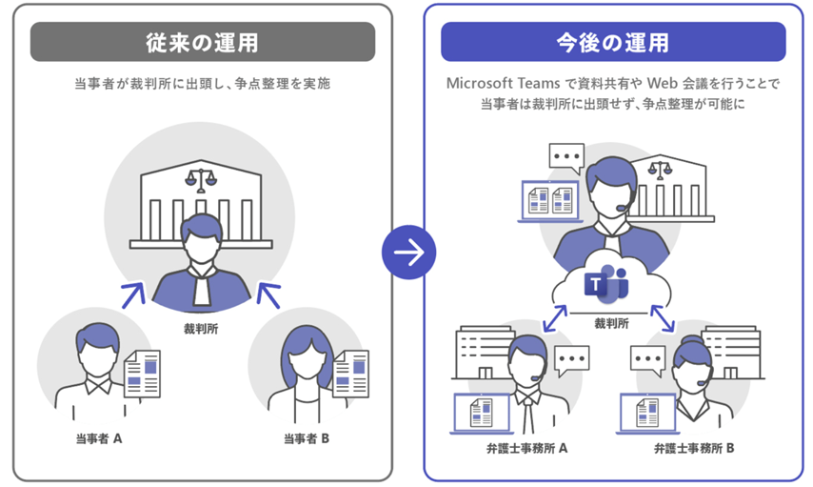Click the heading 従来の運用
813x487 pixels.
[202, 43]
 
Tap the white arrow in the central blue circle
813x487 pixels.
[408, 252]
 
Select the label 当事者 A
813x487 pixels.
[99, 439]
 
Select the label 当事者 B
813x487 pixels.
[306, 439]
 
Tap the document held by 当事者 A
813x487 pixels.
[142, 373]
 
